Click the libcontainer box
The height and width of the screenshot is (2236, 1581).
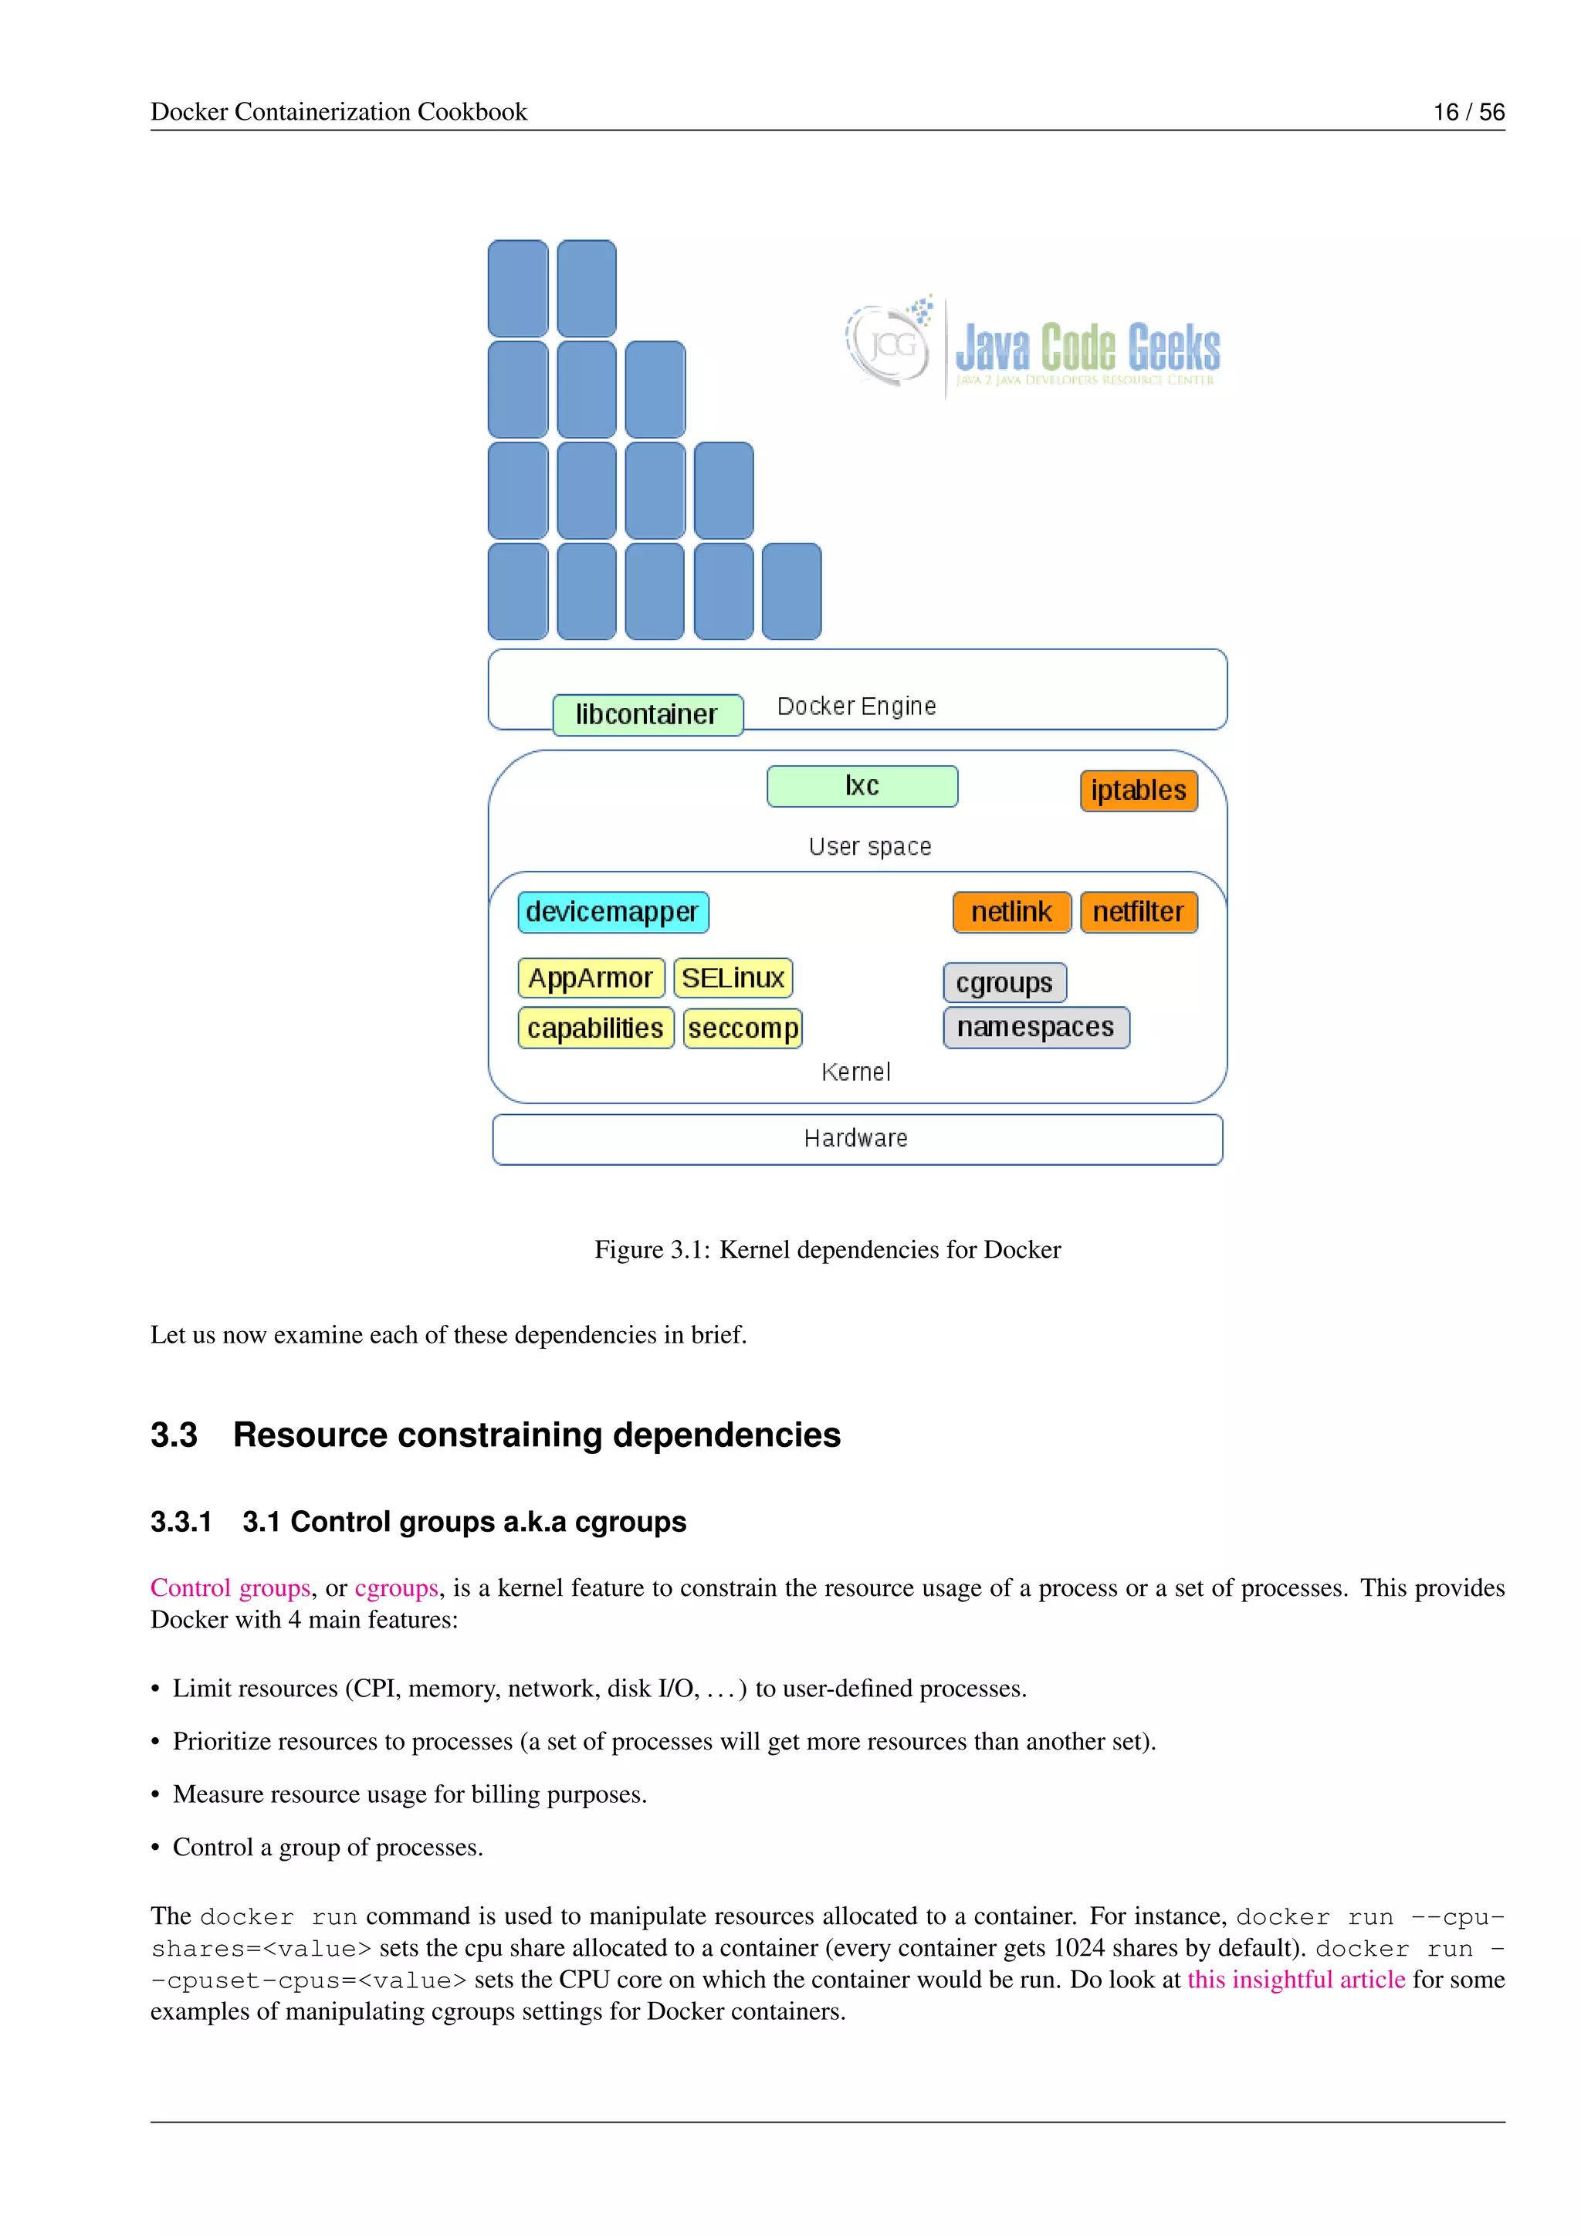point(648,715)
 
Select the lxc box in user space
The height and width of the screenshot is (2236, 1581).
point(862,786)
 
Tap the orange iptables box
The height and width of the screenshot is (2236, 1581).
point(1138,790)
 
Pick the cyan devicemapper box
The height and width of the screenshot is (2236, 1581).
point(612,912)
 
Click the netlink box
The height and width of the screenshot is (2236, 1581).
point(1011,912)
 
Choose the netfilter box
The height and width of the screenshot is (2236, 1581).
point(1138,912)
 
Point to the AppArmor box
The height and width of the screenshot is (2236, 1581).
point(591,977)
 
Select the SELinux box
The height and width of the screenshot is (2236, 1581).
point(733,977)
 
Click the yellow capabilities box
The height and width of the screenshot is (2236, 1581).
point(596,1028)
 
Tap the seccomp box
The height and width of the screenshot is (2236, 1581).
point(743,1028)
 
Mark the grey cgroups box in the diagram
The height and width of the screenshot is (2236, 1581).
point(1004,983)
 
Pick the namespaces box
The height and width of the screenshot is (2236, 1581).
point(1036,1028)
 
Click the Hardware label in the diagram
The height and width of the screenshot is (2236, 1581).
point(855,1138)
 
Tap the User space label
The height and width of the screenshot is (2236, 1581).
point(869,846)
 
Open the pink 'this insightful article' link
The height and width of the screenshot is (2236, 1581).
point(1296,1979)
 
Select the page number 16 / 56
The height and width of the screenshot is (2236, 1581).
point(1468,112)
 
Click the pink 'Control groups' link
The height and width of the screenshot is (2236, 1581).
point(231,1587)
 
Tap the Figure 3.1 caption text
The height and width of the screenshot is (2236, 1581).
point(828,1249)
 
